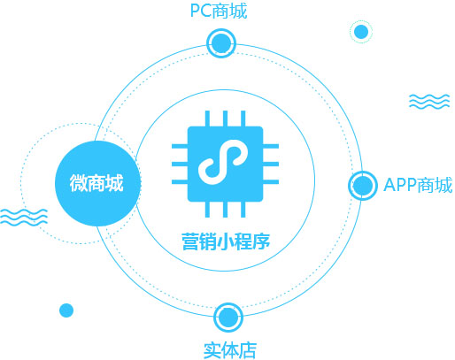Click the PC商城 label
coord(219,11)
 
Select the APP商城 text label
coord(418,185)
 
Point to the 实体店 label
coord(230,350)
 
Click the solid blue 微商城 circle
coord(97,183)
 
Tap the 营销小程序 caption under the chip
coord(226,241)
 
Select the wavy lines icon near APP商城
coord(429,102)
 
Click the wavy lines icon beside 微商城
coord(24,217)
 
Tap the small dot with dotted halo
coord(361,32)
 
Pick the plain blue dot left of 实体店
coord(66,310)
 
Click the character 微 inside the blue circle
coord(79,183)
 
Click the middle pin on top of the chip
coord(225,119)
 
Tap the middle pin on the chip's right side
coord(271,164)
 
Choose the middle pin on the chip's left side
coord(180,164)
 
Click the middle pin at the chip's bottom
coord(225,210)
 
